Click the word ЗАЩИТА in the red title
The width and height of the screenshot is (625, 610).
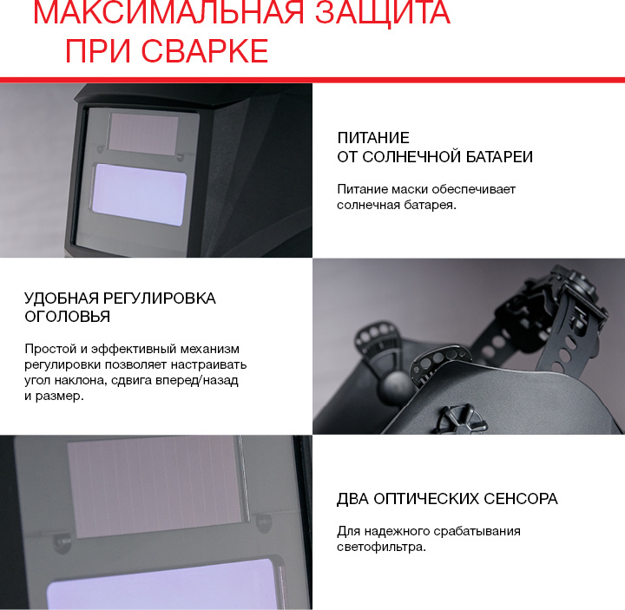click(x=383, y=13)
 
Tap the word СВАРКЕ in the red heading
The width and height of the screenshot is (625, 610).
click(x=205, y=51)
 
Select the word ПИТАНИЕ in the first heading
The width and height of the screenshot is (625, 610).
click(x=373, y=138)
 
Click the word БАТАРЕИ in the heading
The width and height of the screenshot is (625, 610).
click(x=499, y=157)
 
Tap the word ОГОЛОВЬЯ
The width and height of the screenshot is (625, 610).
click(x=68, y=317)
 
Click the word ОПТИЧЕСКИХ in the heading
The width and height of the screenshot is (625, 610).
click(x=425, y=499)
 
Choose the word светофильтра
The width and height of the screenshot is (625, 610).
click(x=381, y=547)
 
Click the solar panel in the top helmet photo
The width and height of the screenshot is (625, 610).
click(x=143, y=134)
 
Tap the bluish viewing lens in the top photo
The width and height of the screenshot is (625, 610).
click(x=139, y=194)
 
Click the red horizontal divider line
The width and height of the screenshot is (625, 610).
click(x=312, y=80)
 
